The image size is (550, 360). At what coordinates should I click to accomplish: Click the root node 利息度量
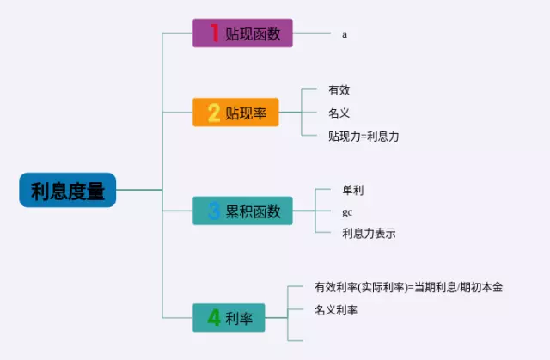67,190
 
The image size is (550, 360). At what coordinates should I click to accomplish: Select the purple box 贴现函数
242,34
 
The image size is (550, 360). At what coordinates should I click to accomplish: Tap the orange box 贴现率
235,113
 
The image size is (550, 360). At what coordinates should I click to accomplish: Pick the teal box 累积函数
242,211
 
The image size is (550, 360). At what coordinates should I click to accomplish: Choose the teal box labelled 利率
229,318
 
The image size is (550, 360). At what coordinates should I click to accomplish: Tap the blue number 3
213,211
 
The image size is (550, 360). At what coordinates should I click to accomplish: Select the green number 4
213,318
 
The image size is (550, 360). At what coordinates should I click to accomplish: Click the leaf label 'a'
345,34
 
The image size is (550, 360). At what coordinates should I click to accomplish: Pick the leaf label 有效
339,89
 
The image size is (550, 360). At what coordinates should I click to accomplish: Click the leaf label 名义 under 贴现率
339,113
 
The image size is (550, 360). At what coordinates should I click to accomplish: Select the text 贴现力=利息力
364,136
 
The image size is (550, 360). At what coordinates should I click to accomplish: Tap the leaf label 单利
353,190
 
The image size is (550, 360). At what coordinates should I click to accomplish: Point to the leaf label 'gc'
347,211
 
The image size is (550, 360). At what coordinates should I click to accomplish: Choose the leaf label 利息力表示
369,233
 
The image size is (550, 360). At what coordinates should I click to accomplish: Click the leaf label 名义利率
336,308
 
